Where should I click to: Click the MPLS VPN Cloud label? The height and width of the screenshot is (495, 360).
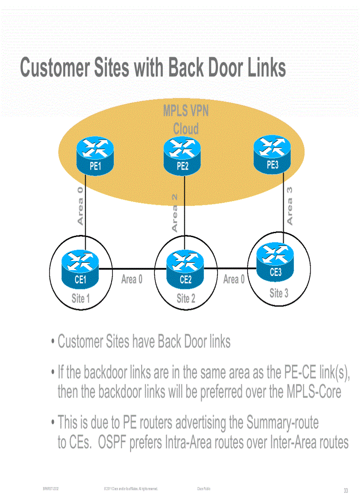pos(186,119)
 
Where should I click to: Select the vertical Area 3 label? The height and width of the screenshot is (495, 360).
pos(290,205)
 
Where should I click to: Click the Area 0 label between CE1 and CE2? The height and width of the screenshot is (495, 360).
pos(131,279)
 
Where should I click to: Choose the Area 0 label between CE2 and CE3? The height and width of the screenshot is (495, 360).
pos(234,279)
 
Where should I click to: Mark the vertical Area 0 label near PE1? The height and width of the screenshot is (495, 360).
pos(80,205)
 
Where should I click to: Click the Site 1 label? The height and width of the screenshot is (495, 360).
pos(81,299)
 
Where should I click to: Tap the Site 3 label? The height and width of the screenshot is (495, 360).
pos(279,293)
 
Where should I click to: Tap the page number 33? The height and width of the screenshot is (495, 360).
pos(346,491)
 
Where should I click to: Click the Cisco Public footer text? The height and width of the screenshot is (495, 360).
pos(203,489)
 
